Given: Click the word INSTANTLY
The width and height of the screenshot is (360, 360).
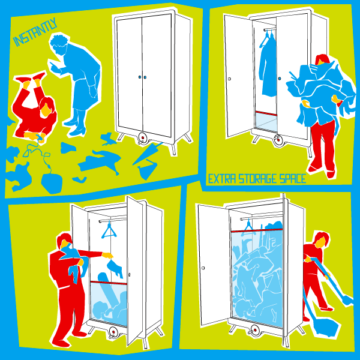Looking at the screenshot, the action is click(x=35, y=32).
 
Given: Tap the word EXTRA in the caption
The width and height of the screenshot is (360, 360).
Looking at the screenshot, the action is click(x=222, y=179).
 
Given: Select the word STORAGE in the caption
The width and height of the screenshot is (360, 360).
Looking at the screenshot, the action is click(x=257, y=179).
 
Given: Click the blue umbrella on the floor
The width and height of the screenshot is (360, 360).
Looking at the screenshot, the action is click(x=147, y=153).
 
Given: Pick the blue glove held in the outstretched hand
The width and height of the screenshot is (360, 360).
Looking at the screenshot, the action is click(x=115, y=268).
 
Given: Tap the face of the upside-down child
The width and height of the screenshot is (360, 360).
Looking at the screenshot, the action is click(x=45, y=110).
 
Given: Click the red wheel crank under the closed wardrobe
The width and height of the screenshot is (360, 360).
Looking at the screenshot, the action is click(x=143, y=138).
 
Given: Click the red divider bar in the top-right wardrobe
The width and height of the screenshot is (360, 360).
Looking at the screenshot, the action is click(x=266, y=113).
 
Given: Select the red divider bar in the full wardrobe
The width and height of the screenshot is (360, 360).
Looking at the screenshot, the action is click(x=257, y=230).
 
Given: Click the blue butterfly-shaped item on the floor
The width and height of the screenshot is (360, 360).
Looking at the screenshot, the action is click(x=109, y=139).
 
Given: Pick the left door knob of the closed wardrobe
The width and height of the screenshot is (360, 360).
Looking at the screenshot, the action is click(x=139, y=77).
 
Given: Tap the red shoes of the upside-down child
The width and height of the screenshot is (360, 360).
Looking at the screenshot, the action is click(x=31, y=77).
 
